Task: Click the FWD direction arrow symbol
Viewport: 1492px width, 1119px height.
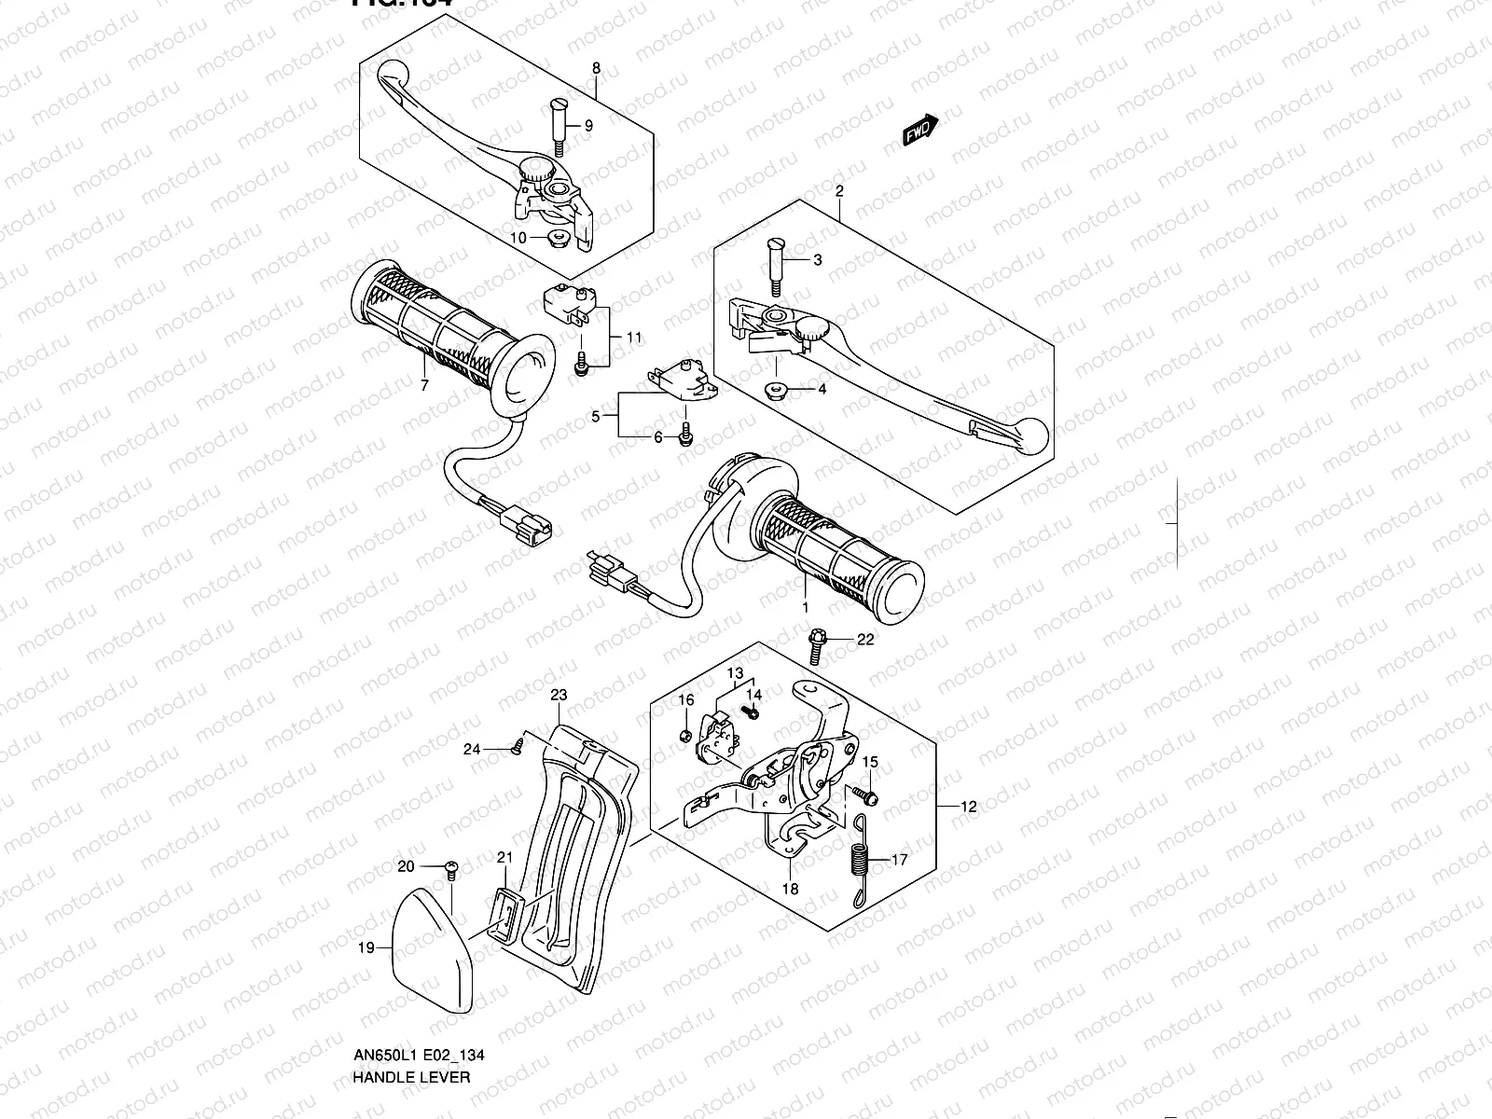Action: click(x=919, y=131)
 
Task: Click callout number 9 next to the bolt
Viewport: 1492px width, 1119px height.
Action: click(x=588, y=126)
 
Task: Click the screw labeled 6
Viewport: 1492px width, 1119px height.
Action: click(x=686, y=434)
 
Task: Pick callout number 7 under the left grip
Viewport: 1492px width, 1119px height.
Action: click(x=424, y=386)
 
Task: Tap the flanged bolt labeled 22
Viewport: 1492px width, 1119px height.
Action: click(x=816, y=643)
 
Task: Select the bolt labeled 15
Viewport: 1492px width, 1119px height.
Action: click(x=867, y=794)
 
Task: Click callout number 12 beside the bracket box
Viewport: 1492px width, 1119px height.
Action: click(x=969, y=807)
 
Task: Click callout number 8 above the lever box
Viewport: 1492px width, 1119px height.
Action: click(x=597, y=68)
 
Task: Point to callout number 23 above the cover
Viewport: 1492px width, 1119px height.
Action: click(x=559, y=695)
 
